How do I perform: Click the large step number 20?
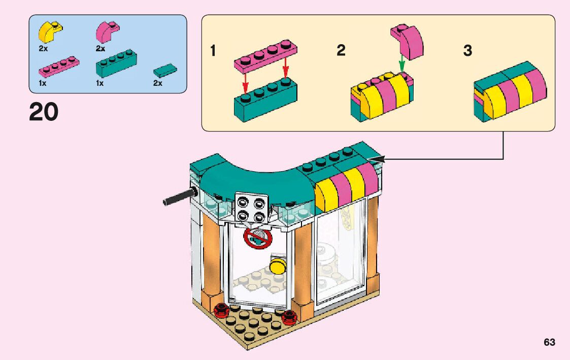click(x=44, y=112)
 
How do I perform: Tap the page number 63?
click(x=549, y=342)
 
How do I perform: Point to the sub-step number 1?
click(x=214, y=51)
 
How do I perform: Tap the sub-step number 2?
click(x=341, y=51)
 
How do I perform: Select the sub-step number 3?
click(x=467, y=51)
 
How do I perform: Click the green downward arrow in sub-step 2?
click(x=401, y=64)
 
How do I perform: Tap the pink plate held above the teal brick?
click(x=265, y=54)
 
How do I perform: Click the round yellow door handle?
click(x=278, y=266)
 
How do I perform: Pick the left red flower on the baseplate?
click(x=221, y=309)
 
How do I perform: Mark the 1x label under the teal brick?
click(x=99, y=83)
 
